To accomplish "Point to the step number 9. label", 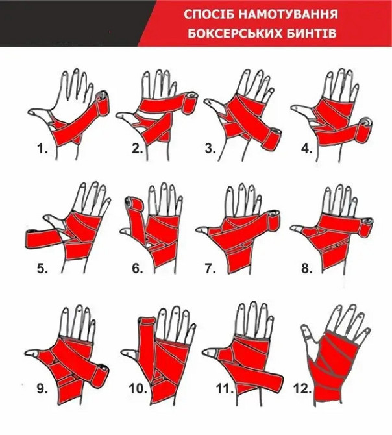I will (x=43, y=390).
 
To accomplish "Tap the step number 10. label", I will (x=139, y=390).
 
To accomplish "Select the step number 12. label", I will (x=302, y=390).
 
